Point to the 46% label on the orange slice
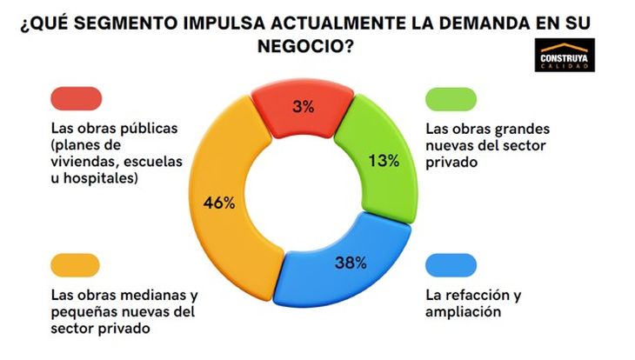click(219, 203)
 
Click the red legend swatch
click(77, 97)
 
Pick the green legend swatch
click(451, 97)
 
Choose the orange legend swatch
click(76, 263)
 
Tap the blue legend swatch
click(451, 263)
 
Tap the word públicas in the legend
click(147, 128)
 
